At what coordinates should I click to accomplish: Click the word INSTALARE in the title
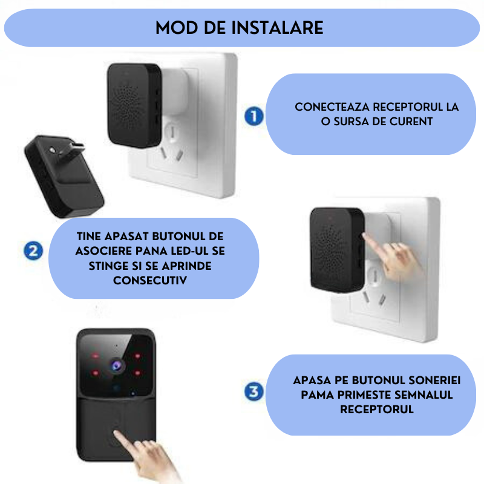pos(277,28)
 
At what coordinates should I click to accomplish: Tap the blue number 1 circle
pos(253,116)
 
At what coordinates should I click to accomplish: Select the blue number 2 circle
pos(33,250)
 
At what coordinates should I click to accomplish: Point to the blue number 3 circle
pos(253,391)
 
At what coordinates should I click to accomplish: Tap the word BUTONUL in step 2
pos(178,237)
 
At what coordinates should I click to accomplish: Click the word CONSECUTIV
pos(150,280)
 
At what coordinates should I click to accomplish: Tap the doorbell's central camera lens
pos(116,366)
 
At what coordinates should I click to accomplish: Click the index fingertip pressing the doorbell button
pos(116,432)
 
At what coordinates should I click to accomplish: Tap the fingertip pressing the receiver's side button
pos(365,236)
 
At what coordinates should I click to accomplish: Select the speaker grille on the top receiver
pos(126,104)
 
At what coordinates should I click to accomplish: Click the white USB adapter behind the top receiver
pos(175,92)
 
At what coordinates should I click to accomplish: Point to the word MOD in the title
pos(177,28)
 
